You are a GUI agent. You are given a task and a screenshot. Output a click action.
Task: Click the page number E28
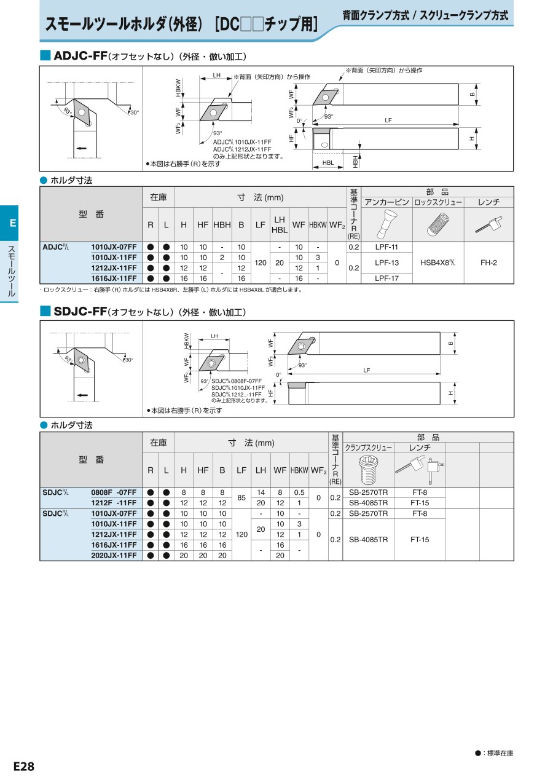pyautogui.click(x=24, y=767)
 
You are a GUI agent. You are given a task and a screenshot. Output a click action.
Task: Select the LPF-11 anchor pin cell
pyautogui.click(x=386, y=247)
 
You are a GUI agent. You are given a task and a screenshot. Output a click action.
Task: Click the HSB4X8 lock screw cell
pyautogui.click(x=437, y=263)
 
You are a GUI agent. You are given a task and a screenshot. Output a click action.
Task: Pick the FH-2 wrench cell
pyautogui.click(x=488, y=263)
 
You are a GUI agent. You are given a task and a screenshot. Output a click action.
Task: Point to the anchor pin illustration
pyautogui.click(x=386, y=224)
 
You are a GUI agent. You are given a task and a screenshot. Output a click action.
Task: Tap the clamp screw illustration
pyautogui.click(x=368, y=471)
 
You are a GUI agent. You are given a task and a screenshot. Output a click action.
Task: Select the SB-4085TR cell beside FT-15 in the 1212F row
pyautogui.click(x=368, y=503)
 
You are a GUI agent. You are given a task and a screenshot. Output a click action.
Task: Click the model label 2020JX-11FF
pyautogui.click(x=114, y=555)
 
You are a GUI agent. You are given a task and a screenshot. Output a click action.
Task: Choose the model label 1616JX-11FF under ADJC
pyautogui.click(x=114, y=278)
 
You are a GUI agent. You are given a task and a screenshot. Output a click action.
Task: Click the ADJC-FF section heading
pyautogui.click(x=80, y=57)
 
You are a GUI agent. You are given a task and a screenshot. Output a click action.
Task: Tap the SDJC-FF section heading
pyautogui.click(x=80, y=312)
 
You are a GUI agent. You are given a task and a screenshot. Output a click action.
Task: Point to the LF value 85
pyautogui.click(x=241, y=497)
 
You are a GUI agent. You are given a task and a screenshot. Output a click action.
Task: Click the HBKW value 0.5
pyautogui.click(x=299, y=492)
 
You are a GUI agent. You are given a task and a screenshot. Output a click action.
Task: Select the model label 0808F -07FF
pyautogui.click(x=114, y=492)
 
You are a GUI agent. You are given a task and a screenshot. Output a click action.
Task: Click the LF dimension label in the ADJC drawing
pyautogui.click(x=388, y=120)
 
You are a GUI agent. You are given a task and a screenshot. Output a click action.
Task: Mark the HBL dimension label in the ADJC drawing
pyautogui.click(x=328, y=163)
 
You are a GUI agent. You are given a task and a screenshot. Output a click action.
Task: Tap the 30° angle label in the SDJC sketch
pyautogui.click(x=129, y=360)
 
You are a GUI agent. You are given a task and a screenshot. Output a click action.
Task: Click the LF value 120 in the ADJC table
pyautogui.click(x=260, y=263)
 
